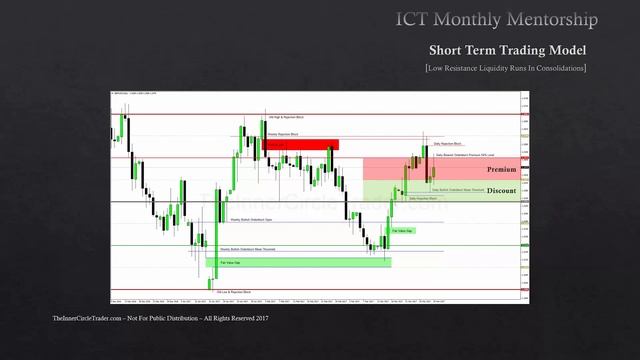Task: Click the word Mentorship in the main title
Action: (x=549, y=19)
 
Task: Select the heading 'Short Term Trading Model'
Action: (x=507, y=50)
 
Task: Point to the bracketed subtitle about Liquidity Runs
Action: (x=505, y=68)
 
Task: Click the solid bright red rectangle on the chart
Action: (x=301, y=145)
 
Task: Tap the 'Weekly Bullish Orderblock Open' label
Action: (x=252, y=219)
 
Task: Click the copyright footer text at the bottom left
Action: (x=160, y=318)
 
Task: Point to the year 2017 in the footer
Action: (x=262, y=318)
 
